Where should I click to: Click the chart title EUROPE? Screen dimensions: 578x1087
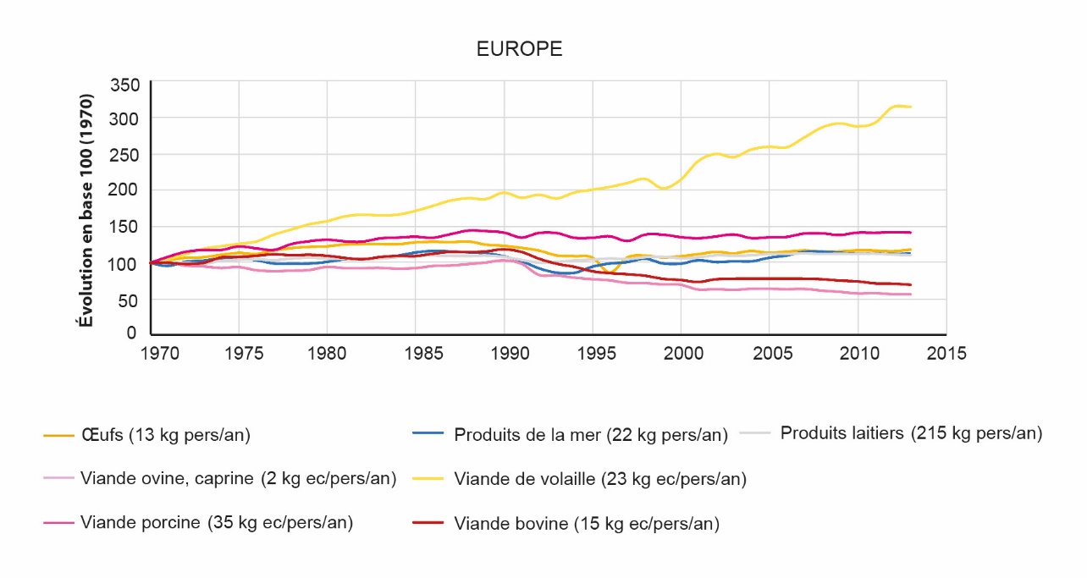[519, 49]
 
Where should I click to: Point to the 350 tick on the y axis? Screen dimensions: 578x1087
[125, 85]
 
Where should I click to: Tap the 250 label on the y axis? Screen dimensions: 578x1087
[125, 155]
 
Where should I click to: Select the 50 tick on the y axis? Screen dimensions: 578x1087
[130, 300]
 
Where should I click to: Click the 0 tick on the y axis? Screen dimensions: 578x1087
[131, 333]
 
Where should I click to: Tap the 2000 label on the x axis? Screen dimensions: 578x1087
[681, 353]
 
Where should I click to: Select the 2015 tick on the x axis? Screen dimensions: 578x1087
[946, 353]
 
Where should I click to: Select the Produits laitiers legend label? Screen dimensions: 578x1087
[910, 433]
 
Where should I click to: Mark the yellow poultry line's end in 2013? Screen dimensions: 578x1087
[910, 107]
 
